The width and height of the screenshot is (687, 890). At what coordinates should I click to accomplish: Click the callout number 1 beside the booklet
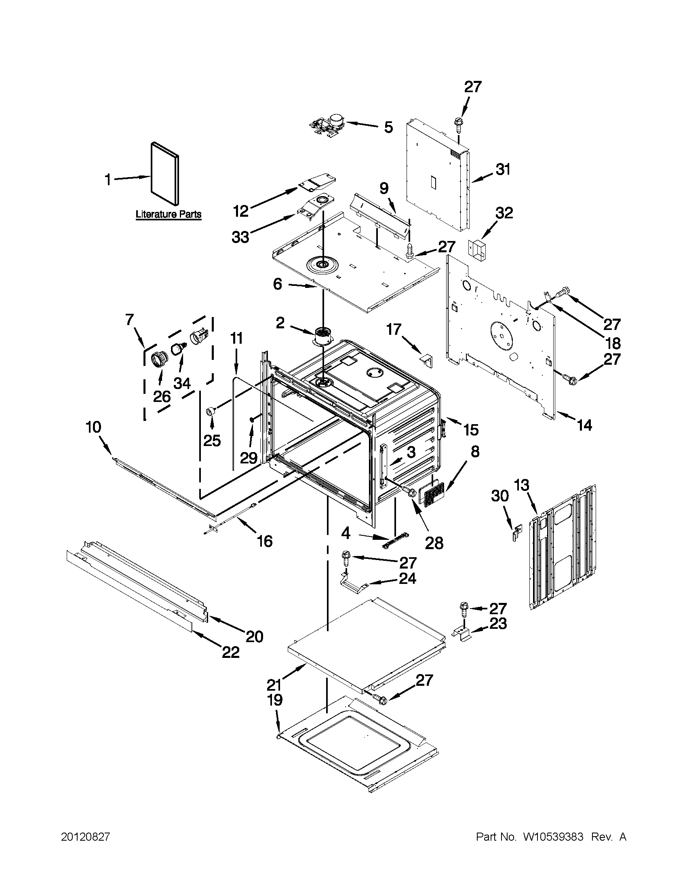click(x=108, y=179)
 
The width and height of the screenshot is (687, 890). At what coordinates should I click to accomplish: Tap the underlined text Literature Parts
click(x=168, y=214)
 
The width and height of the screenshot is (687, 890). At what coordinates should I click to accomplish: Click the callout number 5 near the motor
click(x=388, y=127)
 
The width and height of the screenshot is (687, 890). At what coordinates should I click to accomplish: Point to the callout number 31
click(x=503, y=169)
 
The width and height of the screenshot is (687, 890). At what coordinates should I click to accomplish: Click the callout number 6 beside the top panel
click(x=277, y=284)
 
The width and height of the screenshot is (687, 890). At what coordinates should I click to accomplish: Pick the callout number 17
click(x=394, y=329)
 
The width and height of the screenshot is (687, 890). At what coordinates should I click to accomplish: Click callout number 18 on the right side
click(x=613, y=343)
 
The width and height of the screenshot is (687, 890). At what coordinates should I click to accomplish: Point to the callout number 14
click(x=584, y=425)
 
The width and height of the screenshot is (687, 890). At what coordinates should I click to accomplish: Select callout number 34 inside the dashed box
click(x=182, y=383)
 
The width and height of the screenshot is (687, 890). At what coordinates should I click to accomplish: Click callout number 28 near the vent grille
click(x=434, y=543)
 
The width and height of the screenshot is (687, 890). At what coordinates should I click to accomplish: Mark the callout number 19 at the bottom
click(x=275, y=700)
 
